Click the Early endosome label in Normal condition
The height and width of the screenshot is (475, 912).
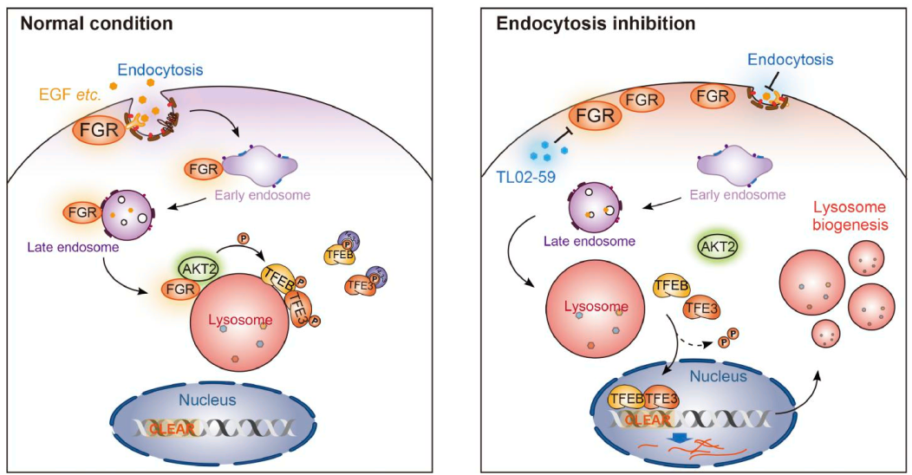pyautogui.click(x=261, y=196)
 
